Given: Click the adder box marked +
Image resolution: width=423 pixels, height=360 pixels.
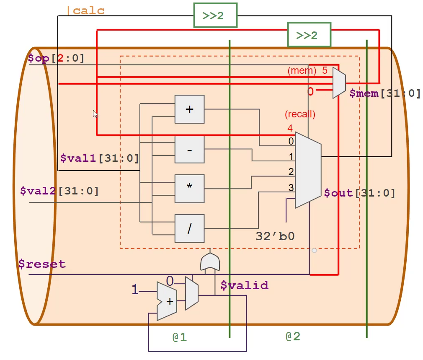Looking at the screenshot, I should (189, 109).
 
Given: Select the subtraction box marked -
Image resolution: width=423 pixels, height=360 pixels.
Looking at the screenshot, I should (189, 149).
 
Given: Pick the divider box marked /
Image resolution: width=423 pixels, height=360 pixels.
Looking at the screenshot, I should (189, 229).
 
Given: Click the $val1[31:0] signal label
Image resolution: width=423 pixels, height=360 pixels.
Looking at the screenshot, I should (99, 158).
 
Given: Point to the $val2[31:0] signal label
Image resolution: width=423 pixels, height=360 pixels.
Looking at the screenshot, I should (59, 192).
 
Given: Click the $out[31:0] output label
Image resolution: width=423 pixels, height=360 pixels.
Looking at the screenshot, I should (359, 193).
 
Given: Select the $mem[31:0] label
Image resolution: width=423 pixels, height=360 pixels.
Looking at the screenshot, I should (385, 93).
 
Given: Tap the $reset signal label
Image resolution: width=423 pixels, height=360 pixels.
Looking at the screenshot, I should (42, 264).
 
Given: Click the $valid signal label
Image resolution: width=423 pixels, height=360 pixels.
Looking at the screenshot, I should (244, 285).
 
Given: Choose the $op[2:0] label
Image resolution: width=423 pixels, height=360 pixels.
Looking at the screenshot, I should (56, 58).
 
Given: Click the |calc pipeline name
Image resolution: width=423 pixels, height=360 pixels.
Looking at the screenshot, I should (85, 10).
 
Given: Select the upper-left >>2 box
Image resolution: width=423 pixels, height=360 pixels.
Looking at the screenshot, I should (215, 16).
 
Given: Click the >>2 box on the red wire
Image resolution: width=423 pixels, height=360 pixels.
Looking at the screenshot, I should (309, 35).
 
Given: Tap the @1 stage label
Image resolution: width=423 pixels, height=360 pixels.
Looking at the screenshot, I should (180, 337).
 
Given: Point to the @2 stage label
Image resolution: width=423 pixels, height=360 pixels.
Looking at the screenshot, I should (293, 336).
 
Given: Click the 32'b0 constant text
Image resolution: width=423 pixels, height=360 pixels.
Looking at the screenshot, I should (275, 236).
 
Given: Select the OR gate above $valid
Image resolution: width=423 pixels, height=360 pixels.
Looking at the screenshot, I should (209, 262).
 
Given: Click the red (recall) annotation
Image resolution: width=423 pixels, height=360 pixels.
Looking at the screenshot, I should (300, 114).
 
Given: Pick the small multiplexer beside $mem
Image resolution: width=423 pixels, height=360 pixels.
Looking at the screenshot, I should (339, 83).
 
